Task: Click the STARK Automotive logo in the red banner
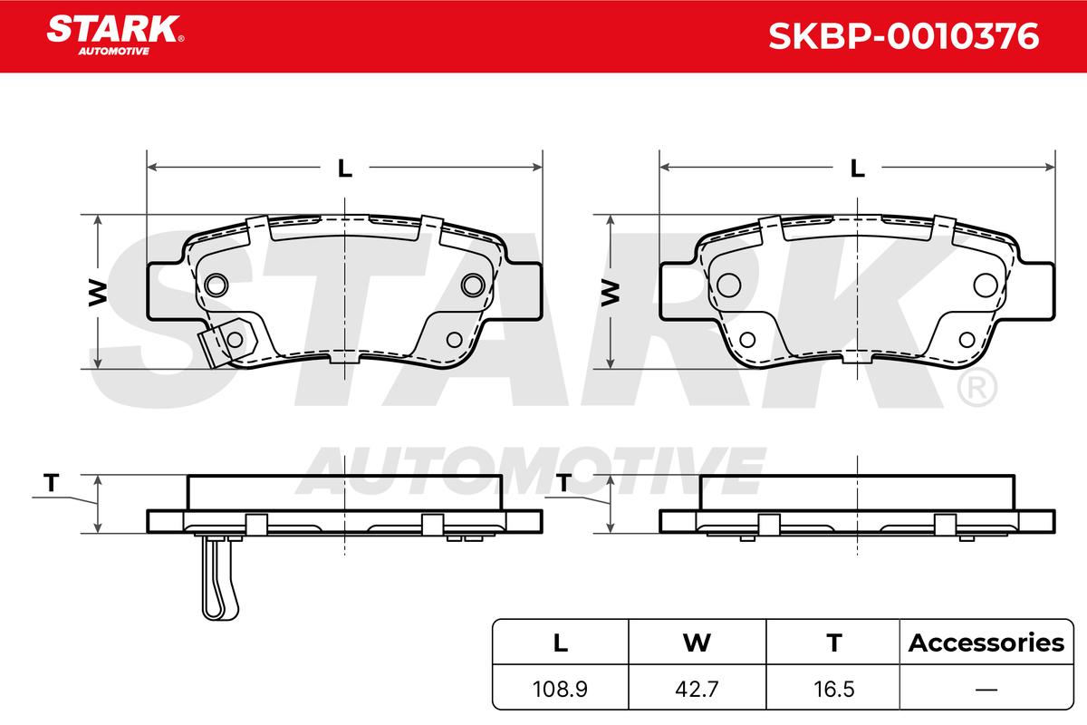(x=115, y=35)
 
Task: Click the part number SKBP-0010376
(x=904, y=36)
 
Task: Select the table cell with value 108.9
(x=560, y=688)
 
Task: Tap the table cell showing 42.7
(x=697, y=688)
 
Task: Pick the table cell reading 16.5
(x=833, y=688)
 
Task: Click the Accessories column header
(x=986, y=643)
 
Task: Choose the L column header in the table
(x=561, y=643)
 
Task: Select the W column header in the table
(x=697, y=643)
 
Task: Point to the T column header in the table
(x=833, y=643)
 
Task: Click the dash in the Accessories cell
(x=986, y=689)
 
